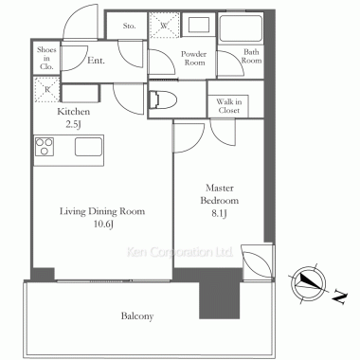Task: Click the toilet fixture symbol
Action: click(163, 99)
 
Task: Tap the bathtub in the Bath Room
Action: click(241, 27)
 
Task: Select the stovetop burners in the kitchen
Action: click(45, 147)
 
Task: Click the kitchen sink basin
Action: click(88, 147)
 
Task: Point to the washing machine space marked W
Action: click(164, 26)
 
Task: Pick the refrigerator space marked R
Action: click(47, 89)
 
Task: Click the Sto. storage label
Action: click(129, 26)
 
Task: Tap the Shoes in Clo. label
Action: click(46, 58)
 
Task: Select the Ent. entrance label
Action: click(96, 61)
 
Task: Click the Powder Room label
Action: click(194, 58)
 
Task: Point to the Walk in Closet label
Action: click(229, 106)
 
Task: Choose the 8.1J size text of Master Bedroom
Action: click(220, 214)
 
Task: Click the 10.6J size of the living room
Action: click(103, 225)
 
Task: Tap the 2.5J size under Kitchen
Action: click(73, 124)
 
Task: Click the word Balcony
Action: click(137, 316)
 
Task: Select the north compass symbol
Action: click(308, 283)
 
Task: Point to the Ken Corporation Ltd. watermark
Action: click(180, 252)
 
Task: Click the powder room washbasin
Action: click(199, 25)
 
